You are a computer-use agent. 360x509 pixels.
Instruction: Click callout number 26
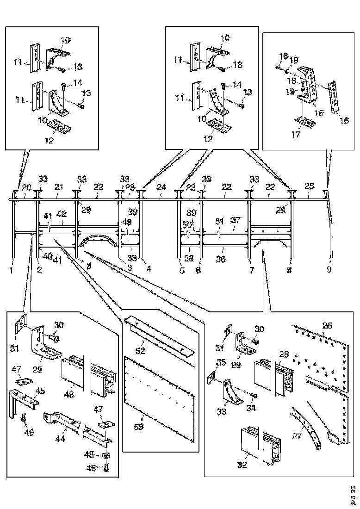click(327, 326)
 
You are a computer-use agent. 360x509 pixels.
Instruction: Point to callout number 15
click(318, 112)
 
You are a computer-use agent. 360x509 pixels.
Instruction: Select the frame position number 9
click(329, 269)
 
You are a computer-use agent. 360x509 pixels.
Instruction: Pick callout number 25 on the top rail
click(310, 186)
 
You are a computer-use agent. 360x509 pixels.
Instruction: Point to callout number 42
click(61, 214)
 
